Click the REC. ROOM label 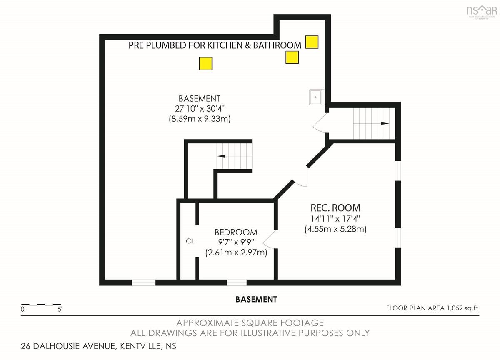tap(335, 208)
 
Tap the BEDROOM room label tap(236, 232)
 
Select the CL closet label tap(190, 241)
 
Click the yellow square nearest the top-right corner tap(312, 42)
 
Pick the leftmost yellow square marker tap(205, 64)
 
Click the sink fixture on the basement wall tap(317, 97)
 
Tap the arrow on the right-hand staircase tap(385, 123)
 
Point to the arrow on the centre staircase tap(221, 156)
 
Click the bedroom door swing tap(270, 239)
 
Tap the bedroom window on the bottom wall tap(237, 282)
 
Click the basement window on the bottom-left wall tap(143, 282)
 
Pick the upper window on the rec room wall tap(398, 171)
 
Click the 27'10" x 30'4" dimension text tap(199, 109)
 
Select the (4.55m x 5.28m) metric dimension tap(335, 229)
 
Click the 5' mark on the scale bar tap(60, 309)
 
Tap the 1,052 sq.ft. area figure tap(463, 308)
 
